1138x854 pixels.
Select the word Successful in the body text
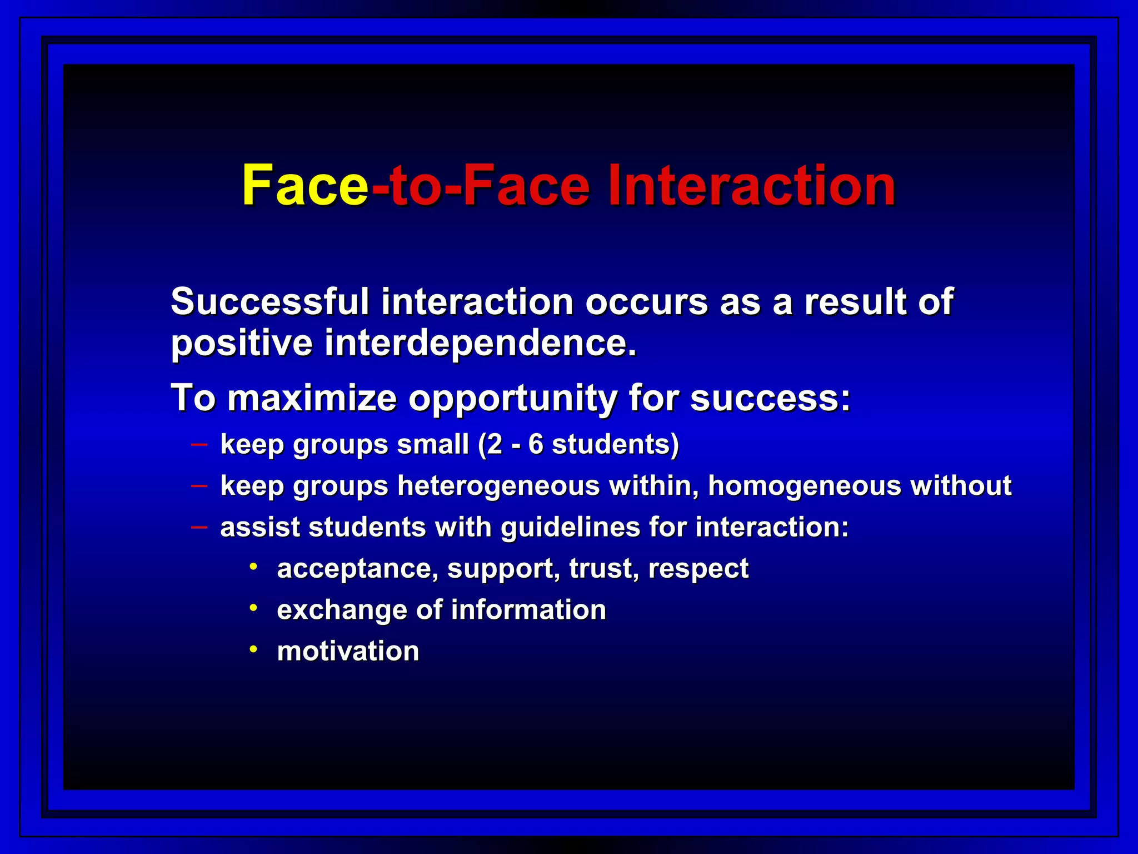tap(269, 302)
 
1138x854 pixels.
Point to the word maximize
tap(312, 398)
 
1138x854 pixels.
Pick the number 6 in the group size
tap(536, 444)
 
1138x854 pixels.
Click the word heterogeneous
tap(498, 485)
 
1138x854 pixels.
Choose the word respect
tap(698, 569)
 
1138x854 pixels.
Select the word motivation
tap(348, 651)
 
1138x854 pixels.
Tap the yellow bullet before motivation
tap(253, 649)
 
